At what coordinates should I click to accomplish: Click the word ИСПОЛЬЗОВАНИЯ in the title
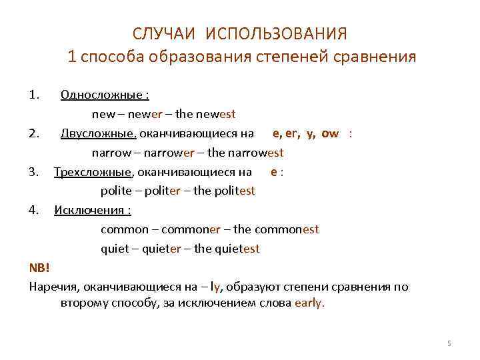(277, 33)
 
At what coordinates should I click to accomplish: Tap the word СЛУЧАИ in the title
(165, 33)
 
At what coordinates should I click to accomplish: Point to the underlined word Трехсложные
(93, 171)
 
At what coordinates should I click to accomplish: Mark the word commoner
(190, 229)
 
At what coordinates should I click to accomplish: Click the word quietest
(237, 249)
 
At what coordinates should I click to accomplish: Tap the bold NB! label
(39, 268)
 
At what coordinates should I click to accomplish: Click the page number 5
(449, 343)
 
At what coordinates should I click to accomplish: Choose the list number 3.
(33, 171)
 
